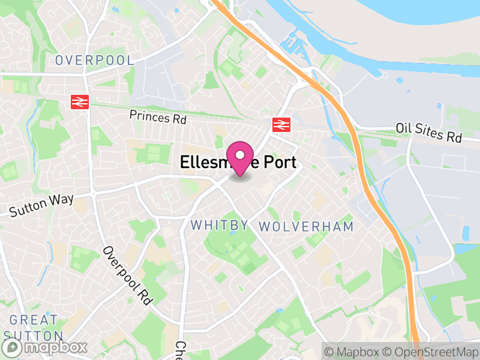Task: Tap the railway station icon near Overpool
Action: click(80, 102)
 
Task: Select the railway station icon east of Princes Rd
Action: click(280, 124)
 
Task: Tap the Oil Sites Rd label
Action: click(428, 133)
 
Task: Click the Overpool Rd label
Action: click(125, 276)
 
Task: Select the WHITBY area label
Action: click(220, 226)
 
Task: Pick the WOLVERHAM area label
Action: click(306, 226)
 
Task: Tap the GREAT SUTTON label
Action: click(33, 328)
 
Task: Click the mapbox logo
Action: click(45, 347)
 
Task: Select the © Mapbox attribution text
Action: click(352, 352)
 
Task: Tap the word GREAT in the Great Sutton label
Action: click(34, 320)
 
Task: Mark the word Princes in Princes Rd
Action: click(149, 116)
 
